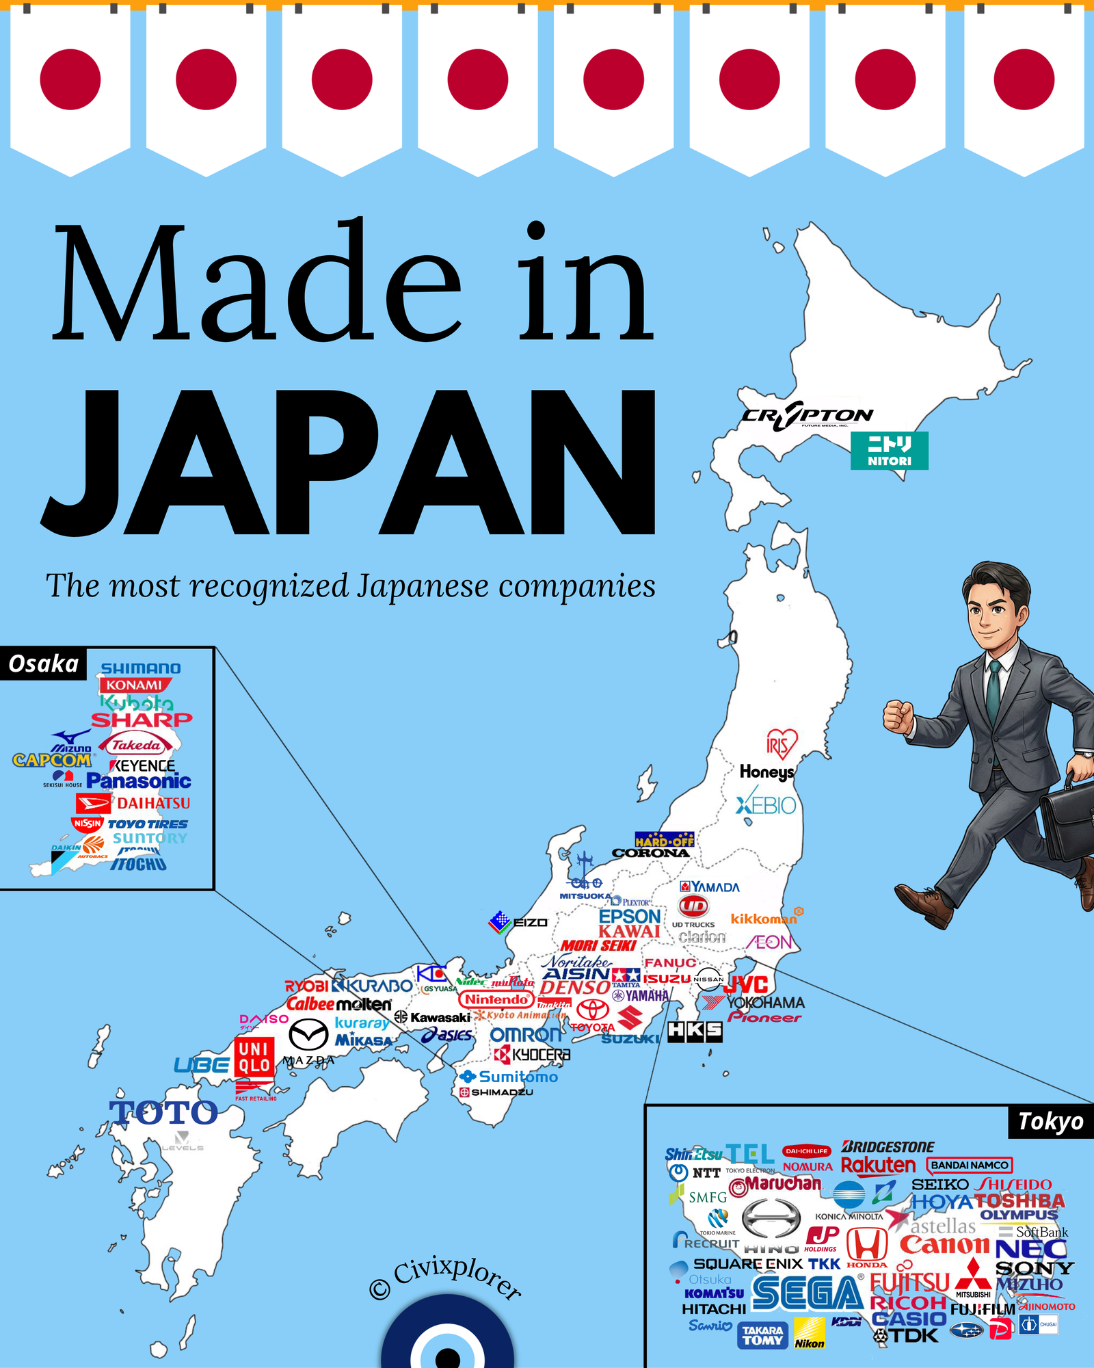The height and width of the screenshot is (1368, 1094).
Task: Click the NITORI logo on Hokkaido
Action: pyautogui.click(x=889, y=450)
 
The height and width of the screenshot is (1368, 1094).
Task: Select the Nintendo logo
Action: pyautogui.click(x=496, y=999)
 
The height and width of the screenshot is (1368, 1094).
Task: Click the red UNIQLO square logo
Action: pyautogui.click(x=254, y=1057)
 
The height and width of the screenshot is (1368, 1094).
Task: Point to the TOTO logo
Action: pyautogui.click(x=164, y=1113)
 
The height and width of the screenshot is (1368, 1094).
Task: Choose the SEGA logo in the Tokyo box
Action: pyautogui.click(x=807, y=1293)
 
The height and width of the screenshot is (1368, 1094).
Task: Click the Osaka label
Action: pyautogui.click(x=43, y=663)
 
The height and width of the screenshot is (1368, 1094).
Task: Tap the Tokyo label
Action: pyautogui.click(x=1050, y=1122)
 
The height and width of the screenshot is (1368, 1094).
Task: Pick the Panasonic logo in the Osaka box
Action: pyautogui.click(x=139, y=781)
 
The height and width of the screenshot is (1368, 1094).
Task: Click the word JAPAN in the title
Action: pyautogui.click(x=349, y=465)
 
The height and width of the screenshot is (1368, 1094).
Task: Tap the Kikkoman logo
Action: pyautogui.click(x=764, y=919)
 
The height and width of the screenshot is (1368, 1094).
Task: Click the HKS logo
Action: pyautogui.click(x=695, y=1031)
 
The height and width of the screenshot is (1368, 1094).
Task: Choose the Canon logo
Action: pyautogui.click(x=944, y=1245)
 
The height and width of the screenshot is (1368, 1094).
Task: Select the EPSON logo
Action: pyautogui.click(x=630, y=916)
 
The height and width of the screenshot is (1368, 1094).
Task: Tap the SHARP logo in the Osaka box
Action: pyautogui.click(x=142, y=720)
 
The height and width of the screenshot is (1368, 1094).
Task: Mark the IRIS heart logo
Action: pyautogui.click(x=781, y=744)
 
